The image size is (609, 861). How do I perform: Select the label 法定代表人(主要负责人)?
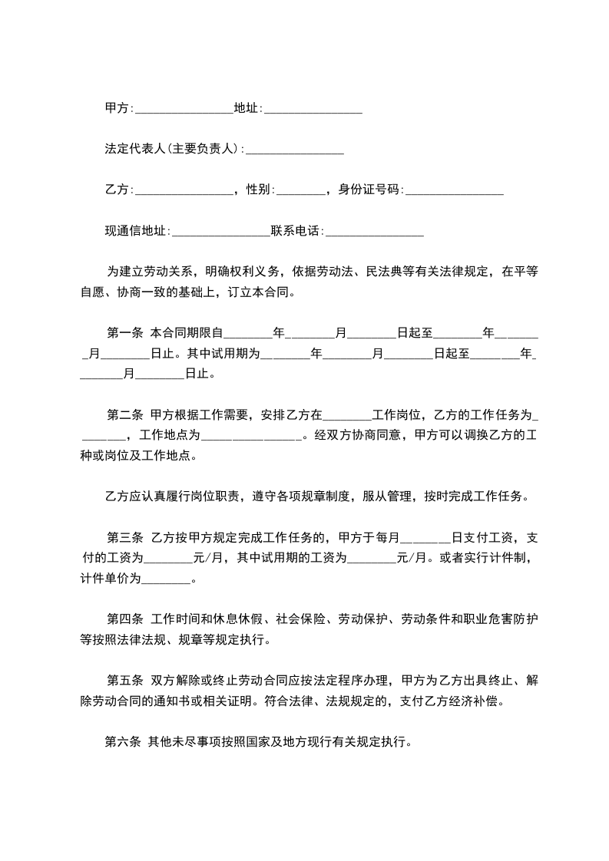pyautogui.click(x=173, y=149)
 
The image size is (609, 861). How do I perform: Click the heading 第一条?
pyautogui.click(x=124, y=333)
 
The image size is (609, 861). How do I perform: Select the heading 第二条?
pyautogui.click(x=124, y=415)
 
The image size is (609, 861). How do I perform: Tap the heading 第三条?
pyautogui.click(x=124, y=536)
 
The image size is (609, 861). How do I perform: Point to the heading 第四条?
pyautogui.click(x=124, y=619)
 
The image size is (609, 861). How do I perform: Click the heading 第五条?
pyautogui.click(x=124, y=680)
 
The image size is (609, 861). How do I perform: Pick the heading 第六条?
pyautogui.click(x=122, y=742)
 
